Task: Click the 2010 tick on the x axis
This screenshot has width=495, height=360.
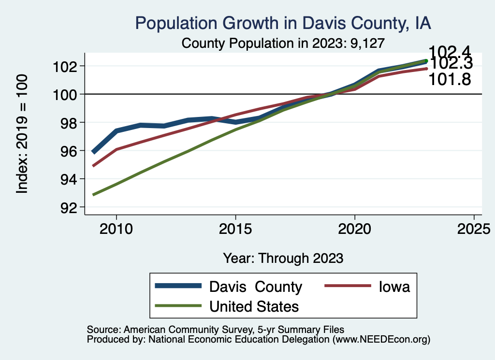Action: (x=116, y=229)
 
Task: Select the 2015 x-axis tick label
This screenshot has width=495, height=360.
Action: (x=235, y=229)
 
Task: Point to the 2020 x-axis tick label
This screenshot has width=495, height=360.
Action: (x=355, y=229)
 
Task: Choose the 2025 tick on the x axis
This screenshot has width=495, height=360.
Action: (x=474, y=229)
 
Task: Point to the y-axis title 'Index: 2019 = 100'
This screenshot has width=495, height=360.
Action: (x=22, y=134)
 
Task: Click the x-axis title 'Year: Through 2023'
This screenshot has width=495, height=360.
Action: (x=283, y=258)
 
